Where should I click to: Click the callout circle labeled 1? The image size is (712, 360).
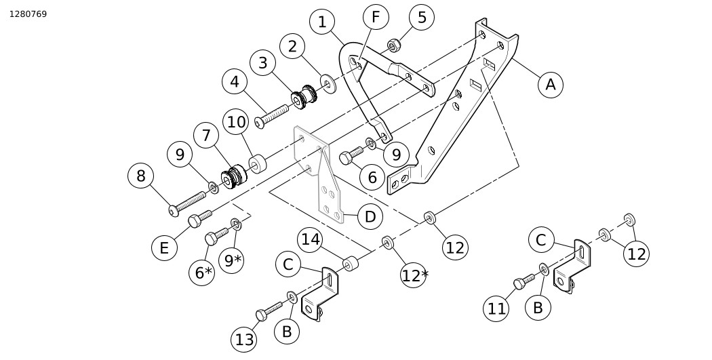point(322,22)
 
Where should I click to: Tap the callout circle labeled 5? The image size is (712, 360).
point(422,18)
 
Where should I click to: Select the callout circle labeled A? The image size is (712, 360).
point(551,84)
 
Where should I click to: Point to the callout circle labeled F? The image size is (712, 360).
point(375,17)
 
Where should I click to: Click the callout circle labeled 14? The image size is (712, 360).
point(311,239)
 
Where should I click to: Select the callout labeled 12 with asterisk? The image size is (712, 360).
point(414,275)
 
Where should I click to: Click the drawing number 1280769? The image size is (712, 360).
point(28,14)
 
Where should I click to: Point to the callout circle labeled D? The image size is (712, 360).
point(370,217)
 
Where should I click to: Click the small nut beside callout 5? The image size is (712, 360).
point(393,46)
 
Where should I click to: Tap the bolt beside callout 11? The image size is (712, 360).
point(524,281)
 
